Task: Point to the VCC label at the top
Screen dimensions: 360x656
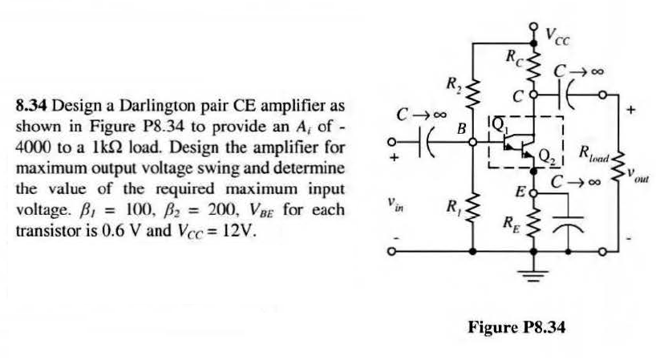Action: (558, 34)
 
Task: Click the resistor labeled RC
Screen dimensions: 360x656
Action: (532, 61)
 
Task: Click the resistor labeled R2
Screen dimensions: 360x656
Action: (473, 92)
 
